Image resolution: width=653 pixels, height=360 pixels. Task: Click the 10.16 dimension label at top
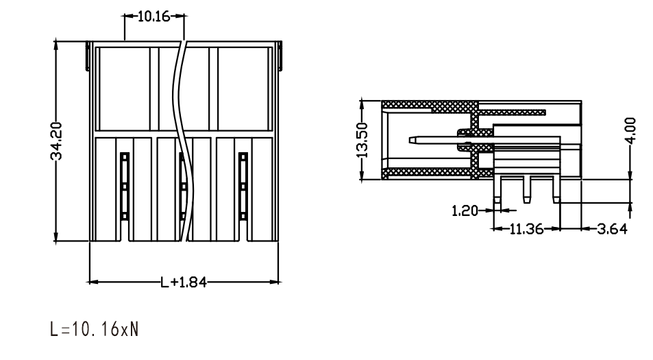coord(153,16)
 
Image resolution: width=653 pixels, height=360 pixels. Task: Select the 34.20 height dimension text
coord(56,141)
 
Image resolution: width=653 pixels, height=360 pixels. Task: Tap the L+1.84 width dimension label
coord(184,283)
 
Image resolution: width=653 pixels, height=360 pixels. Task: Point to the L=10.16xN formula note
coord(94,329)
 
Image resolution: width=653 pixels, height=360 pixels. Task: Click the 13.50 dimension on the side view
coord(362,140)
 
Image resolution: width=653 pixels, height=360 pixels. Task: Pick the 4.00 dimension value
coord(631,130)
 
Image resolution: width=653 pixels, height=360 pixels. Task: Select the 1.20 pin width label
coord(465,211)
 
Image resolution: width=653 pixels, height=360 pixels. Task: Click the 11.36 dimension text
coord(526,229)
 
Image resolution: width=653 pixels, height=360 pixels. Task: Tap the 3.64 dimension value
coord(612,229)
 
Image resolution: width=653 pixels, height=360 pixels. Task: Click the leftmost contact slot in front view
coord(125,186)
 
